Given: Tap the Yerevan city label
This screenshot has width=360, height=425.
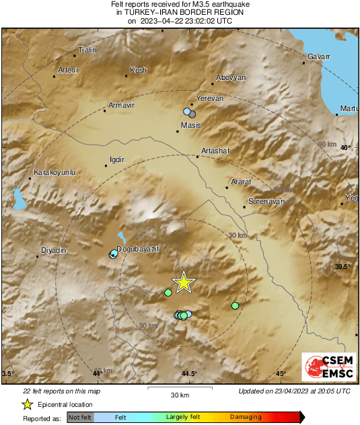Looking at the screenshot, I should tap(209, 99).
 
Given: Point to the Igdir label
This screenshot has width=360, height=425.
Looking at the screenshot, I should tap(117, 159).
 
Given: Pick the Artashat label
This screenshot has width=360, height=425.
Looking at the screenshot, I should tap(215, 151).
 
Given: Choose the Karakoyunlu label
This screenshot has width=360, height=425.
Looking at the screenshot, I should tap(55, 173).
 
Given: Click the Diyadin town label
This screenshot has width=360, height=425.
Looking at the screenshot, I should tap(54, 250).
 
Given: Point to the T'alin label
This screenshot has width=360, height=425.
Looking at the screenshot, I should tap(88, 50).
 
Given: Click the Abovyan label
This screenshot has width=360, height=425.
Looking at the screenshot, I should tap(231, 77).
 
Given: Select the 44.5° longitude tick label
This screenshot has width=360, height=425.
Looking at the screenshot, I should tap(189, 373).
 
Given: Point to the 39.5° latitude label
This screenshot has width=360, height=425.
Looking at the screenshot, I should tap(343, 267).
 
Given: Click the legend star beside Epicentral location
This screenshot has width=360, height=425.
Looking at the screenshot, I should tap(27, 404).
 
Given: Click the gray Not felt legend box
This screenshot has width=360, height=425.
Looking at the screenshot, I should tap(80, 417).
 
